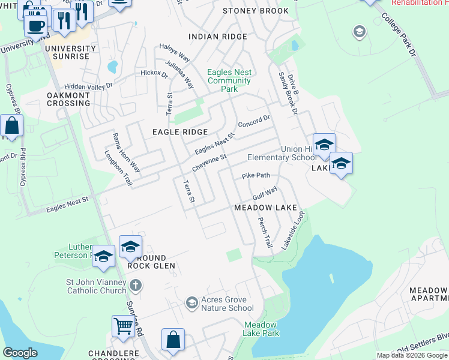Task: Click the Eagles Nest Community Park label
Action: click(x=229, y=80)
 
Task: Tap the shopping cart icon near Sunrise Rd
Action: click(x=123, y=326)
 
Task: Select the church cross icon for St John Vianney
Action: click(x=136, y=284)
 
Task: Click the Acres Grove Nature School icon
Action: click(x=191, y=302)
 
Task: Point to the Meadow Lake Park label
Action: click(x=261, y=329)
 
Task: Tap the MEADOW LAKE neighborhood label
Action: click(x=265, y=208)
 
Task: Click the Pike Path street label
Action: click(x=256, y=176)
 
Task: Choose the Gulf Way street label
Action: click(x=265, y=193)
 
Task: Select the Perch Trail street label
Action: click(x=265, y=233)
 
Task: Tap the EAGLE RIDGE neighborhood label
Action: click(x=179, y=132)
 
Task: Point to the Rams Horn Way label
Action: click(x=126, y=152)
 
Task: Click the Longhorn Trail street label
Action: click(x=118, y=167)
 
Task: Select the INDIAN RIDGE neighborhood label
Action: click(x=217, y=37)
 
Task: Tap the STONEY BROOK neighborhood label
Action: click(x=255, y=11)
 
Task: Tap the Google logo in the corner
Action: click(x=20, y=353)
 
